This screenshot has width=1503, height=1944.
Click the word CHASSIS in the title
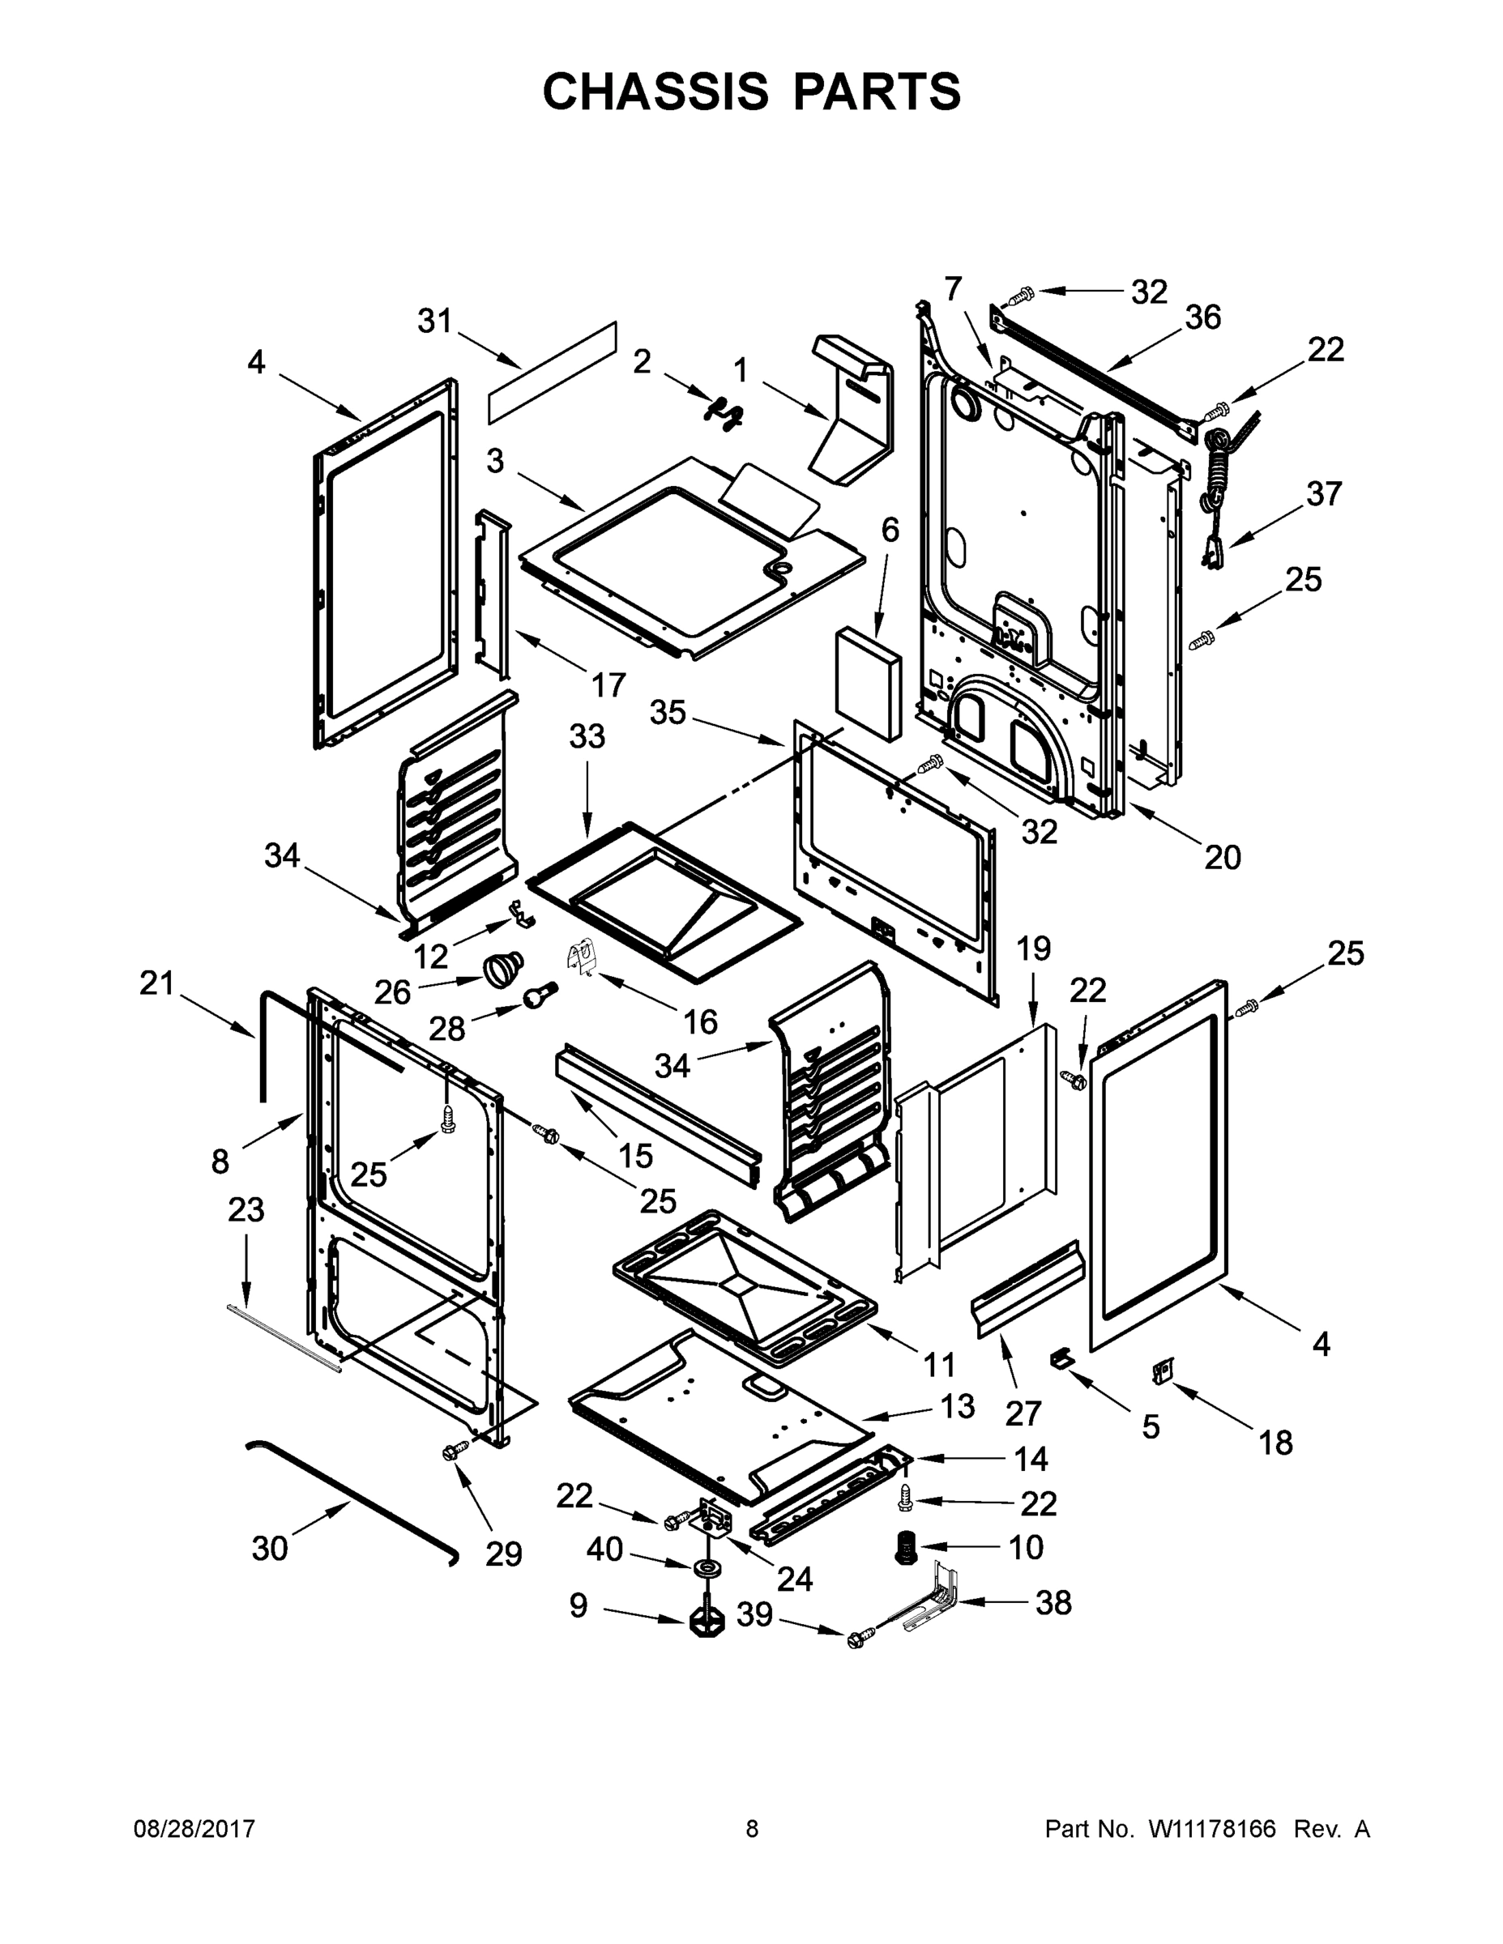coord(655,92)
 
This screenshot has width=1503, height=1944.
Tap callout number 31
coord(435,322)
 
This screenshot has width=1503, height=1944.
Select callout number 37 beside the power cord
coord(1323,493)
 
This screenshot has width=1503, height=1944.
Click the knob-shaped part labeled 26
coord(504,966)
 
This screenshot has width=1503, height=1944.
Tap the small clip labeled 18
coord(1162,1374)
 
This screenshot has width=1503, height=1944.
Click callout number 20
coord(1222,857)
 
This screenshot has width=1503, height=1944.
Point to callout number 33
coord(587,736)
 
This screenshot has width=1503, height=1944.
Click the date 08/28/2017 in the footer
coord(194,1829)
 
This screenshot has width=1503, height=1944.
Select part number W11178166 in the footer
coord(1212,1829)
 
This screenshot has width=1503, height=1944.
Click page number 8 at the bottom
coord(752,1829)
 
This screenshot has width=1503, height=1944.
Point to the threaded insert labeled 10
coord(905,1549)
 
